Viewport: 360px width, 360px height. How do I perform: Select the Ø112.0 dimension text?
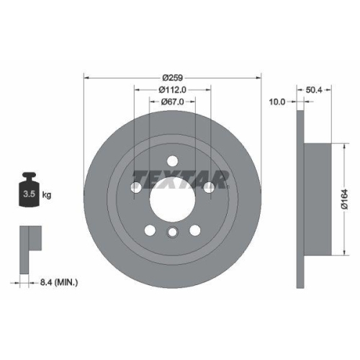[x=172, y=90]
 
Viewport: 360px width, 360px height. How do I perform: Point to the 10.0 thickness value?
[x=278, y=102]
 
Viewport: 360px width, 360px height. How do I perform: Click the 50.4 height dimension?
[x=314, y=91]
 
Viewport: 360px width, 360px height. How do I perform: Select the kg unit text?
[x=48, y=195]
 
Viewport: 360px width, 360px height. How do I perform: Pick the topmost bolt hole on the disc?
[x=172, y=161]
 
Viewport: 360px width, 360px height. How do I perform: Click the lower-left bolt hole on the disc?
[x=150, y=230]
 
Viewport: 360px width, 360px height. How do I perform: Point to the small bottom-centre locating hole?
[x=172, y=233]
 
